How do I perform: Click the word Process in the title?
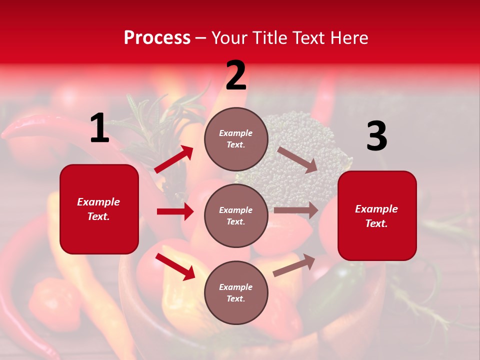157,38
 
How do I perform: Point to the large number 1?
99,128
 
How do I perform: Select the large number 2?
236,76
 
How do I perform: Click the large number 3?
376,136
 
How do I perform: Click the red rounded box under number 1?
99,209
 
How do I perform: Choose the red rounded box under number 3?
377,215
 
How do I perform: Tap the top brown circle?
236,139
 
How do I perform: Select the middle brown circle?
236,215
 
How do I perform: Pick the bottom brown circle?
236,292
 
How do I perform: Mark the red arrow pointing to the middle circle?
175,211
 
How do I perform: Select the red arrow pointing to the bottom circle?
175,266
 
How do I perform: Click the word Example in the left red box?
98,202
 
